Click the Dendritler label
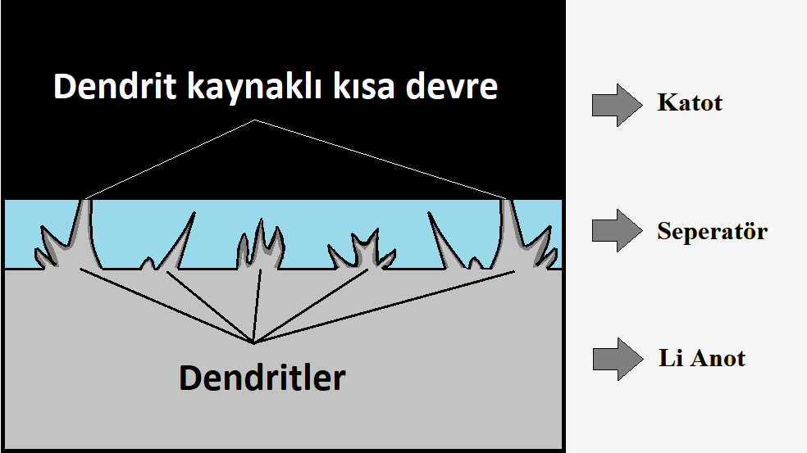point(262,378)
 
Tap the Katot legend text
point(690,103)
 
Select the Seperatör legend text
point(712,231)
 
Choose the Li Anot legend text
point(701,359)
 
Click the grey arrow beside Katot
point(617,104)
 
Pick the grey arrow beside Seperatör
point(617,231)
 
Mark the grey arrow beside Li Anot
point(617,359)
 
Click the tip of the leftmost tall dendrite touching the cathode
point(84,201)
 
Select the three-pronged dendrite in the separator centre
point(260,246)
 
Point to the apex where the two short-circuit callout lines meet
point(255,120)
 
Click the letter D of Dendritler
point(190,378)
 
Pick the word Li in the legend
point(669,359)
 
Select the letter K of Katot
point(665,103)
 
